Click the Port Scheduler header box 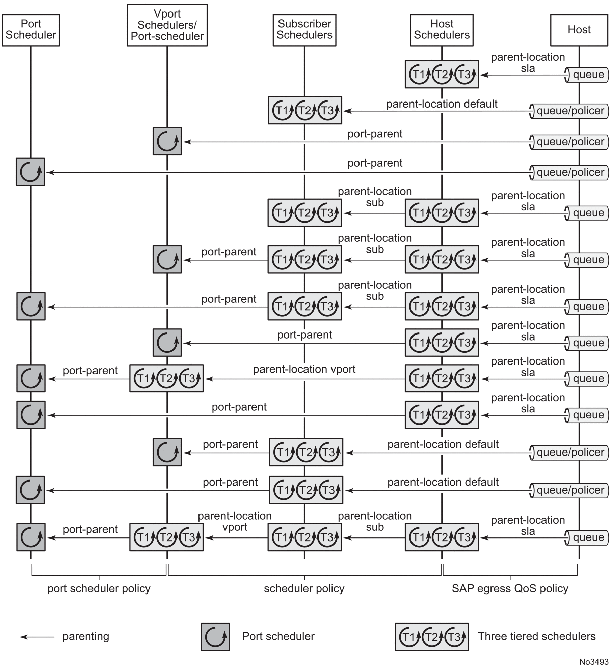[31, 30]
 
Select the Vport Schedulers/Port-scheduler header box [167, 25]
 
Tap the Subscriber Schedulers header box [304, 30]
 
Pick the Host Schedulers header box [442, 30]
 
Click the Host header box [579, 30]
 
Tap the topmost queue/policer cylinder [569, 111]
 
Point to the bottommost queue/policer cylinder [569, 490]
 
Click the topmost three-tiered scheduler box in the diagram [442, 74]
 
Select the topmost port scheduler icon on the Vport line [167, 141]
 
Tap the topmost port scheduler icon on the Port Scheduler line [30, 172]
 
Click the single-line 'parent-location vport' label [304, 369]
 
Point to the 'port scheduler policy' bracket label [99, 589]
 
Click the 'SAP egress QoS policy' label [510, 589]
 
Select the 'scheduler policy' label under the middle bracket [304, 589]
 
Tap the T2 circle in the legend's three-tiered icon [431, 637]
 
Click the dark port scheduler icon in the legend [215, 637]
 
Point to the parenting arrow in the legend [36, 637]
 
